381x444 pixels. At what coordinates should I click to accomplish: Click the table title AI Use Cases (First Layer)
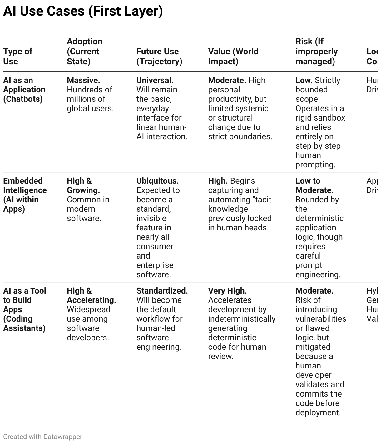click(x=83, y=11)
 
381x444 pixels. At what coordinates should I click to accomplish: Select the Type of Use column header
click(x=18, y=56)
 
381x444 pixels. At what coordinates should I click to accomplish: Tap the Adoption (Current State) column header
click(x=84, y=51)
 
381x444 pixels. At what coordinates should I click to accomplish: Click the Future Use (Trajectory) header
click(x=159, y=56)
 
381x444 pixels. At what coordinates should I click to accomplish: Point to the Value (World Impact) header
click(x=233, y=56)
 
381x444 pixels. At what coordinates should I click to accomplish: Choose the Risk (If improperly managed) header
click(x=316, y=51)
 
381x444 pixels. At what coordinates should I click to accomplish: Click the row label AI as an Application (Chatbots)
click(x=24, y=90)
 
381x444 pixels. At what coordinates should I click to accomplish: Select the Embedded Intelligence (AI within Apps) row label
click(x=25, y=195)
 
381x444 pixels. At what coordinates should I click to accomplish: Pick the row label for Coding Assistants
click(x=24, y=309)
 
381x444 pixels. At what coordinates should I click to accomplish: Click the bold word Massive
click(x=83, y=80)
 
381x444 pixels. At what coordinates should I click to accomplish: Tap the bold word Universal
click(x=155, y=80)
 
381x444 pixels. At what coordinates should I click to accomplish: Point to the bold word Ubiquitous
click(x=157, y=181)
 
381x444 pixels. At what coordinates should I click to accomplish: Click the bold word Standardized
click(x=162, y=291)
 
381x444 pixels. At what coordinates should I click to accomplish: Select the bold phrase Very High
click(x=227, y=291)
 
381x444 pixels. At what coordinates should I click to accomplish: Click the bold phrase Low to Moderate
click(x=314, y=185)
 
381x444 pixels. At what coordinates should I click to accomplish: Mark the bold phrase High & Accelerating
click(x=91, y=295)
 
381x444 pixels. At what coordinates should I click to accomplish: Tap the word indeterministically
click(x=242, y=319)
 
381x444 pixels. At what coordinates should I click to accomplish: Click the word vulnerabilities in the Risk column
click(x=321, y=319)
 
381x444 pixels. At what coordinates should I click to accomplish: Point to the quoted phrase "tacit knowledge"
click(x=240, y=204)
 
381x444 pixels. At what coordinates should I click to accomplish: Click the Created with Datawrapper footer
click(x=42, y=437)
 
